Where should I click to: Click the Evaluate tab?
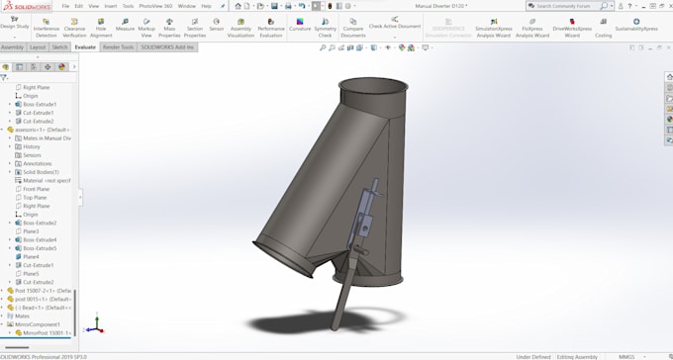tap(85, 46)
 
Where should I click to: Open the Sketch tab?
tap(60, 46)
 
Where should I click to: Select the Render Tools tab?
tap(118, 46)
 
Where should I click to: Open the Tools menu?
tap(128, 6)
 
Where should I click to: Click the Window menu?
tap(186, 6)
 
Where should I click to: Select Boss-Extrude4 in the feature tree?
tap(40, 239)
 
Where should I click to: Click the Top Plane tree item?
tap(35, 197)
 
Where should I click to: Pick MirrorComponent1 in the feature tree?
tap(38, 324)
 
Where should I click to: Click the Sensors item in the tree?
tap(33, 155)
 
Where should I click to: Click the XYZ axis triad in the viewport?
tap(93, 325)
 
